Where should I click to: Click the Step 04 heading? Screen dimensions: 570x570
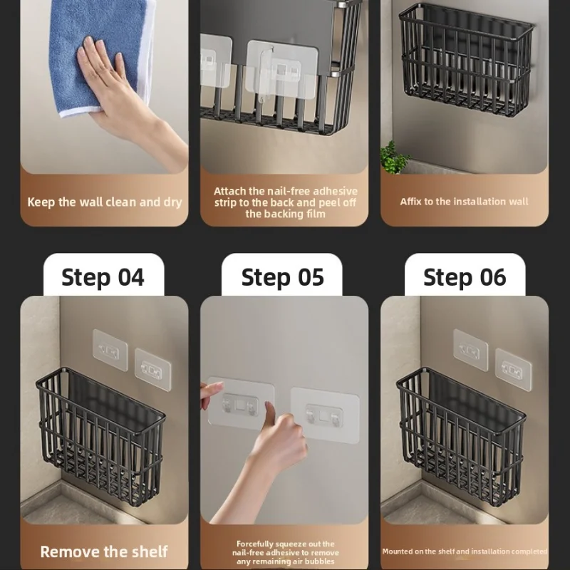coord(103,277)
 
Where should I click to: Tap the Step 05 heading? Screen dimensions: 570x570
coord(282,277)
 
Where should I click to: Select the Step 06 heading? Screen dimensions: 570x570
coord(465,277)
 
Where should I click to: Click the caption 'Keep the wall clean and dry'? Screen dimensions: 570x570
coord(105,202)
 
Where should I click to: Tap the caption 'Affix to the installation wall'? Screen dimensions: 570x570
coord(465,202)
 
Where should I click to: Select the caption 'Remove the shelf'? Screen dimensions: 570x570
coord(104,551)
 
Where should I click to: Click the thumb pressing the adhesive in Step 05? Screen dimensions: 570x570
coord(270,413)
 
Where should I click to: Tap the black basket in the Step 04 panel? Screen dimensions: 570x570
coord(100,436)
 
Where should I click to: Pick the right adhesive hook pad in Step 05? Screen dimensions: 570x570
coord(325,415)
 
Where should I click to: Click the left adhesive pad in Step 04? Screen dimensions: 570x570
coord(110,350)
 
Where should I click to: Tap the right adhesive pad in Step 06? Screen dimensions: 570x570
coord(513,370)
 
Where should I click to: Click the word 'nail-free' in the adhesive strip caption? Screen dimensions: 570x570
coord(289,191)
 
